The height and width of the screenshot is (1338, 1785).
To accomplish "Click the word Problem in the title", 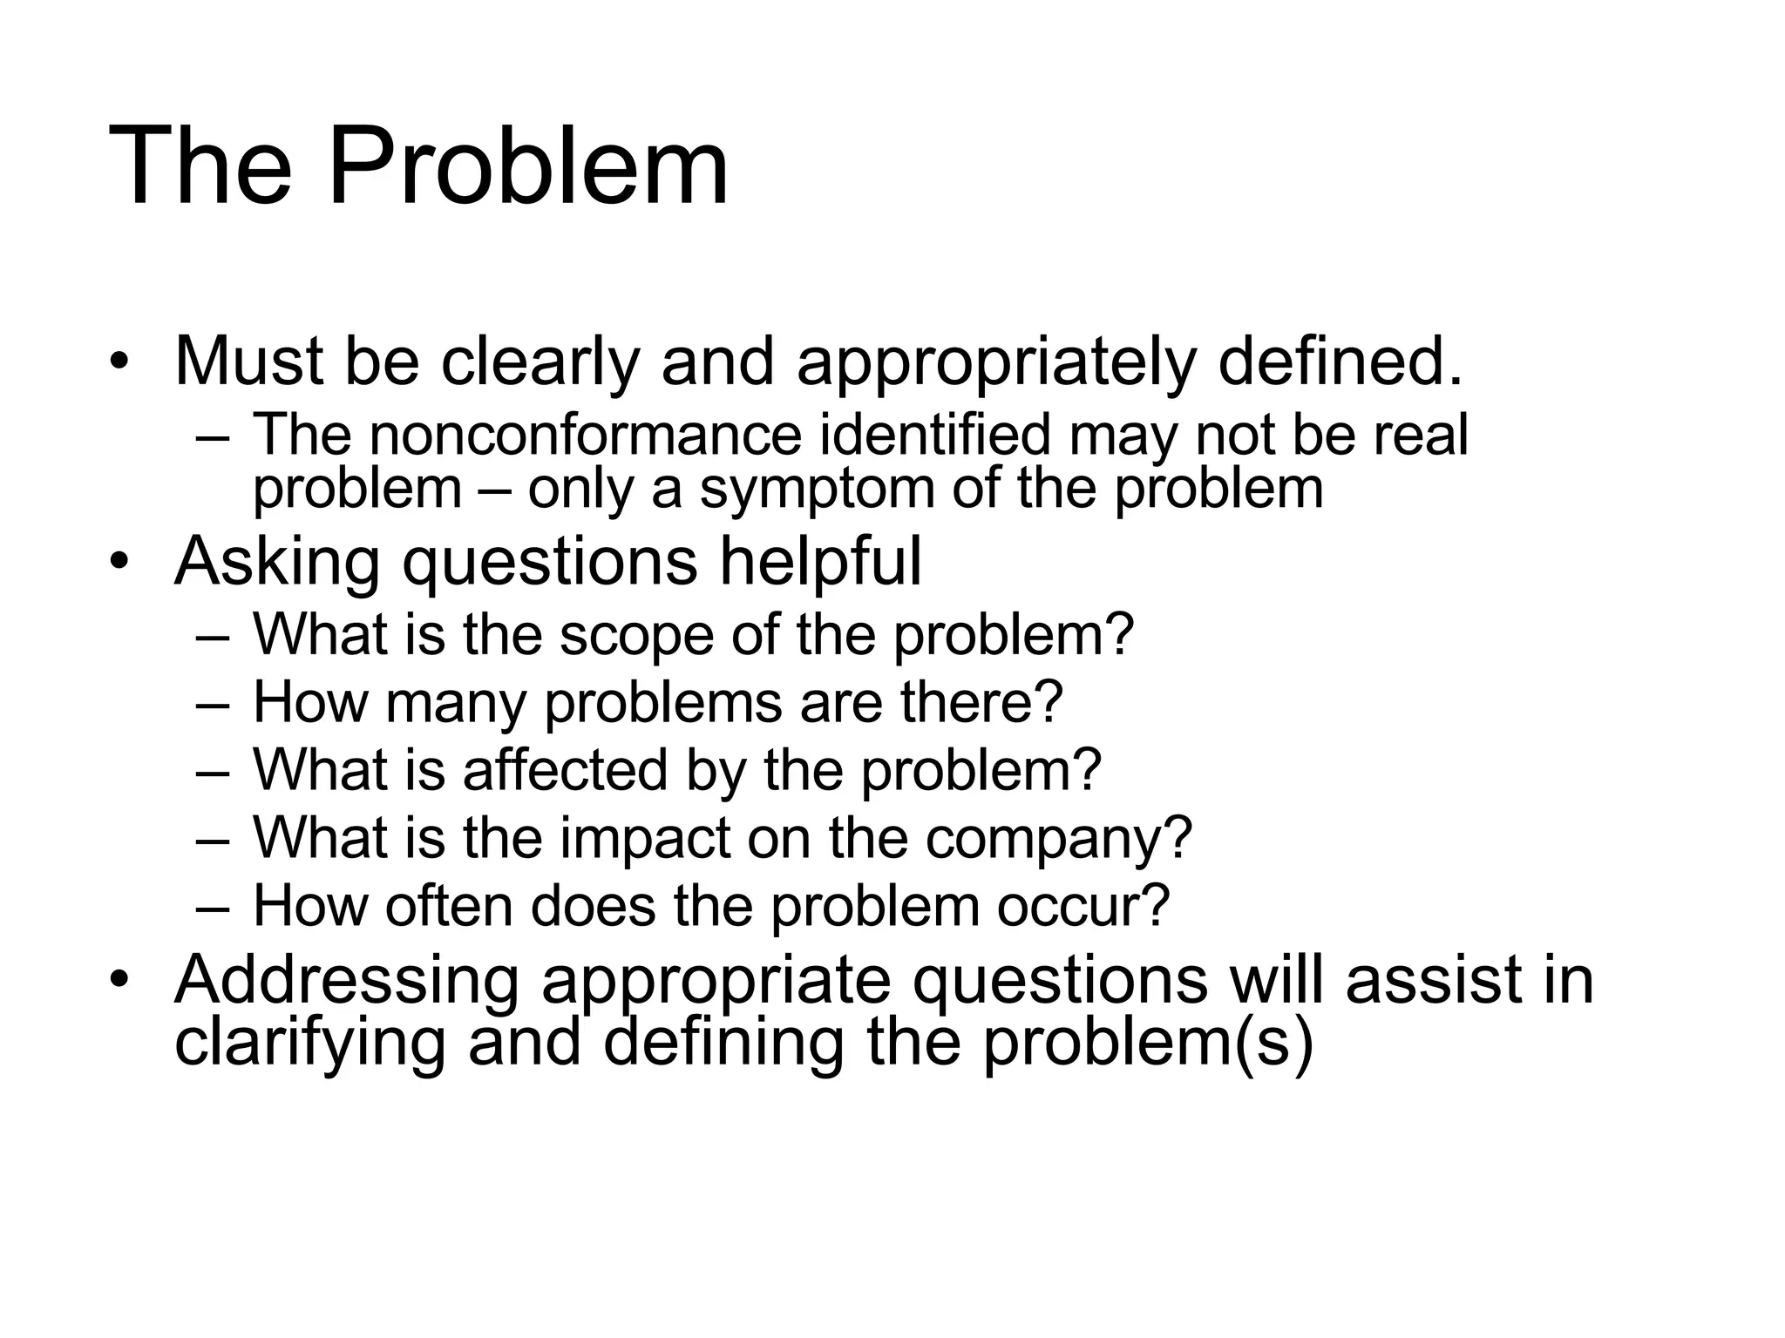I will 527,166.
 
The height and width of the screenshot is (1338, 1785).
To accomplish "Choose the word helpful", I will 820,562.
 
